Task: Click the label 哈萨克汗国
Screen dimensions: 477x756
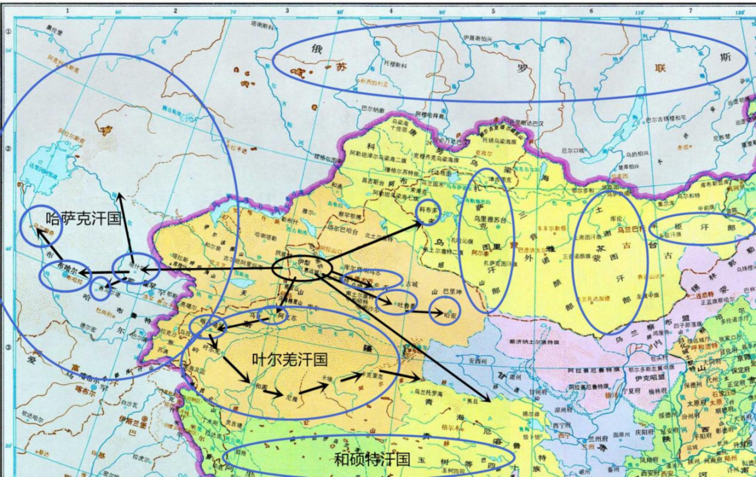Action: tap(83, 219)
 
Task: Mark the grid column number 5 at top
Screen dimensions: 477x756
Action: tap(493, 11)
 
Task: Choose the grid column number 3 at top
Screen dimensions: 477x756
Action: tap(287, 11)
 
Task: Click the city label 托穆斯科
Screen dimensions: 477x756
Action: tap(395, 65)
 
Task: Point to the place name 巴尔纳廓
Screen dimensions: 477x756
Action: tap(373, 109)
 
